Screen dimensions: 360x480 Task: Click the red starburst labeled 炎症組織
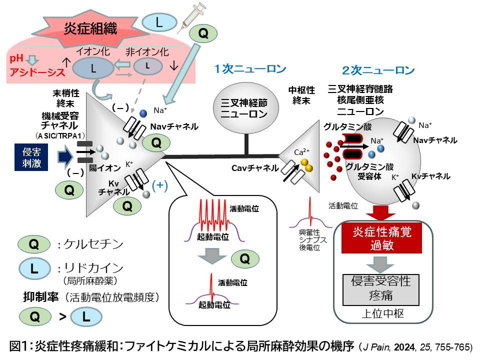click(90, 28)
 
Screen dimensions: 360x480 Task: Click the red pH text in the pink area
click(17, 59)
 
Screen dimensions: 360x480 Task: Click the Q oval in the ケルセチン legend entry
click(34, 244)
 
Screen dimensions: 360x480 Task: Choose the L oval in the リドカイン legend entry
click(34, 268)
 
